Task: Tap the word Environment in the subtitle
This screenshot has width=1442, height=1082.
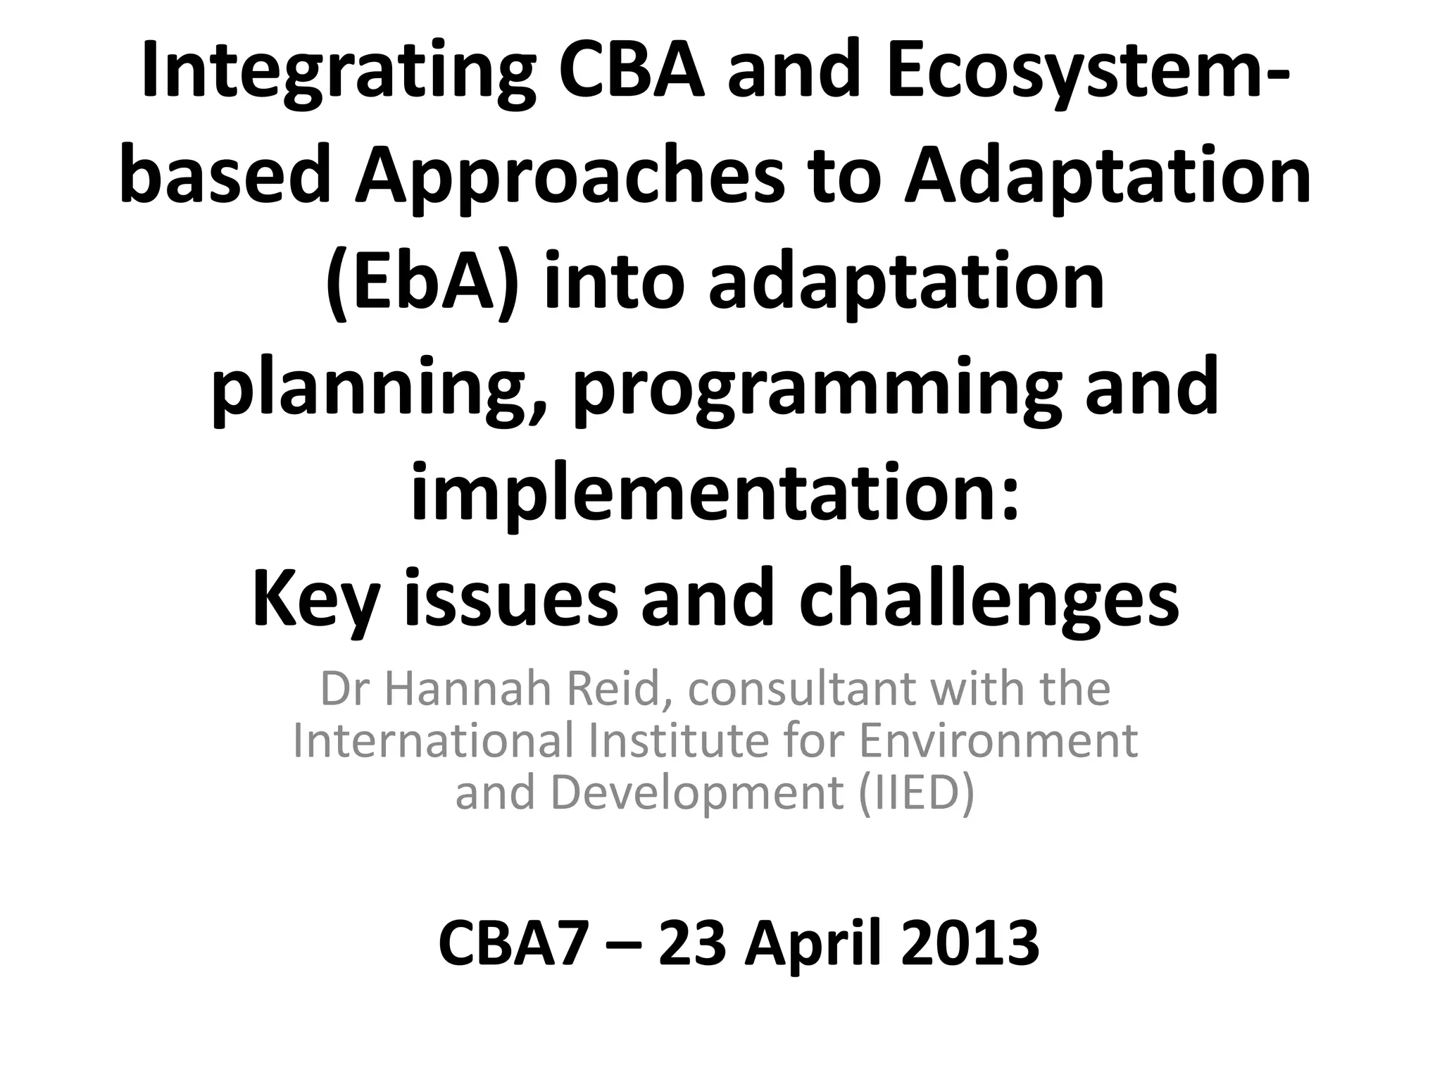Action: pyautogui.click(x=998, y=740)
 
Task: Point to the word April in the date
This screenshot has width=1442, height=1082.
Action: pyautogui.click(x=813, y=944)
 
